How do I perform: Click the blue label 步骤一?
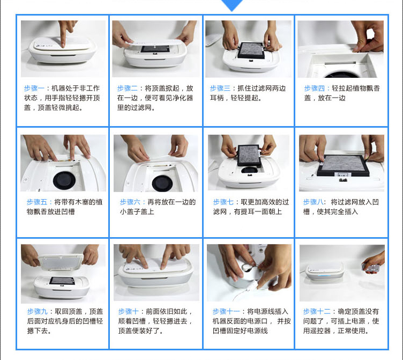pyautogui.click(x=34, y=89)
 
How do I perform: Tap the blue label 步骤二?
pyautogui.click(x=127, y=89)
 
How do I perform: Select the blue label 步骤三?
pyautogui.click(x=220, y=89)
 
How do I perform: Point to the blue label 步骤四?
pyautogui.click(x=314, y=89)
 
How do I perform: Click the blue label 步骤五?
pyautogui.click(x=37, y=202)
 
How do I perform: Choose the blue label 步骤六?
pyautogui.click(x=130, y=202)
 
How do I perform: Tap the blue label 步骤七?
pyautogui.click(x=223, y=202)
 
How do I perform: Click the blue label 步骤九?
pyautogui.click(x=38, y=312)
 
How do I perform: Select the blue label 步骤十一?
pyautogui.click(x=226, y=312)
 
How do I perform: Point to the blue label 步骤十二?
pyautogui.click(x=317, y=312)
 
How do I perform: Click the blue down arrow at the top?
pyautogui.click(x=232, y=5)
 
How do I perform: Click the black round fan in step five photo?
pyautogui.click(x=64, y=180)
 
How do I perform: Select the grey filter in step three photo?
pyautogui.click(x=251, y=50)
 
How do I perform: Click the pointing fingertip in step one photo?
pyautogui.click(x=63, y=45)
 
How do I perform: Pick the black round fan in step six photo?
pyautogui.click(x=162, y=183)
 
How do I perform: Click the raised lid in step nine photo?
pyautogui.click(x=61, y=262)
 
